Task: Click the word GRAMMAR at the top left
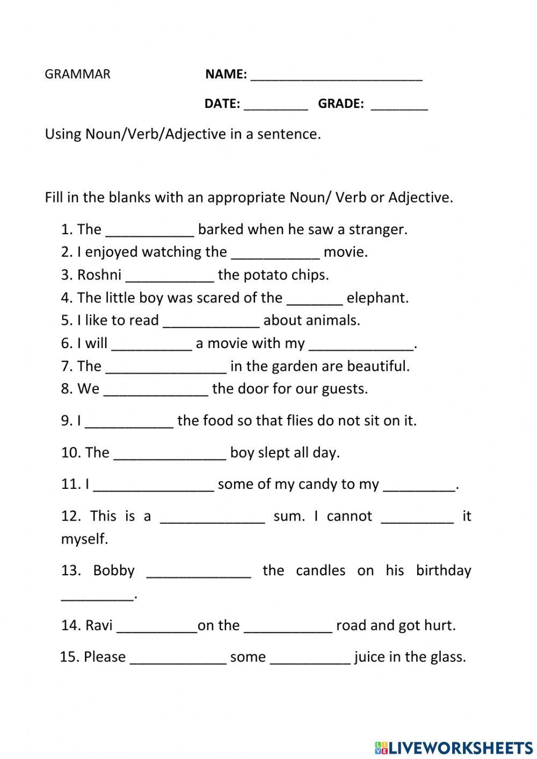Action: [77, 74]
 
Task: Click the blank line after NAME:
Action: [336, 75]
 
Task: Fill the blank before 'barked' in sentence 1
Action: [150, 230]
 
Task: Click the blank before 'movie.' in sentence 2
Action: [275, 253]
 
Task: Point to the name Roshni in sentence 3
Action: [99, 275]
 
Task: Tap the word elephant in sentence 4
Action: [377, 298]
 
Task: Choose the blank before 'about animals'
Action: [211, 321]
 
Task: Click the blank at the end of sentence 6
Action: [362, 344]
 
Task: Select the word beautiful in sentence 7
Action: [378, 366]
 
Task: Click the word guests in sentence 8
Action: [344, 389]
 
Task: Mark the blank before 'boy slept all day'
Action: [170, 454]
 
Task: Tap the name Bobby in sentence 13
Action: [114, 570]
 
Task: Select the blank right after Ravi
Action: [157, 627]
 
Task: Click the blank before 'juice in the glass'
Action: [310, 659]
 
